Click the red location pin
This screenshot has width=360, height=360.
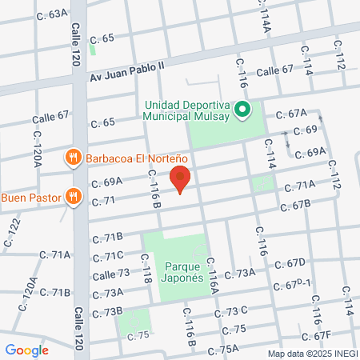pos(182,178)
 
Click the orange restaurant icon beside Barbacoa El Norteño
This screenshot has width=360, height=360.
pos(72,157)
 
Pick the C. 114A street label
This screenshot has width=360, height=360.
pos(266,19)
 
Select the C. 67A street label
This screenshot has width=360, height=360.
pos(292,114)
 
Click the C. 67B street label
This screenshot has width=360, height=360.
pos(295,207)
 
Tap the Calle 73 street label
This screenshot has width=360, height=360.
pos(111,274)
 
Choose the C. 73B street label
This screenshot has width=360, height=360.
pos(107,310)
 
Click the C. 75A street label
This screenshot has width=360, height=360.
pos(223,349)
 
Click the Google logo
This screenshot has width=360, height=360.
pos(27,350)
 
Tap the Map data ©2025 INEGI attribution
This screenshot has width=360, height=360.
pos(312,354)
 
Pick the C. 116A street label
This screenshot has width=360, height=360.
pos(213,276)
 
